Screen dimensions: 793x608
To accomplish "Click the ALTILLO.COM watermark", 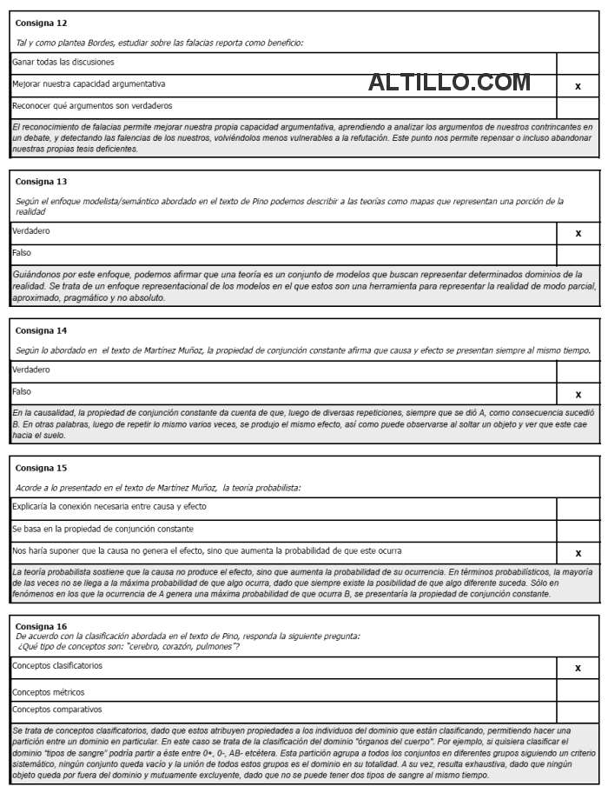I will [x=449, y=83].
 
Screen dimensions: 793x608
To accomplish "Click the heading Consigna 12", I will [x=41, y=23].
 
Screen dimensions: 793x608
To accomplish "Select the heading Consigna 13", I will [x=41, y=182].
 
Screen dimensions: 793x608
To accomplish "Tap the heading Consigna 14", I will [x=41, y=330].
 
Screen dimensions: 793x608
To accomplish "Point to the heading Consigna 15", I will [x=41, y=468].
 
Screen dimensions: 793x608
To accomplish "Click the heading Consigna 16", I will [x=41, y=626].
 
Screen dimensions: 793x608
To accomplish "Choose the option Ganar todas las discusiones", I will [x=63, y=63].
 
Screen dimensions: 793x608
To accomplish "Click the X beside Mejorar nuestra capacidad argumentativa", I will [x=578, y=86].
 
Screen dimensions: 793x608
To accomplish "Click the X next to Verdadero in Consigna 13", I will [x=578, y=233].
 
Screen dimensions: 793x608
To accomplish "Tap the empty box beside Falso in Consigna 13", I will [x=578, y=254].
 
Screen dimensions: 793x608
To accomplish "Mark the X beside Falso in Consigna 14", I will [x=578, y=394].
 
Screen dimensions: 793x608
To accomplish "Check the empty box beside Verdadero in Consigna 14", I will [x=578, y=371].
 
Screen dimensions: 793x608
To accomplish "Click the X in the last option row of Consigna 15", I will [x=578, y=553].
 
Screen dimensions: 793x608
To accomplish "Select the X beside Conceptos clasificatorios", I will [x=578, y=668].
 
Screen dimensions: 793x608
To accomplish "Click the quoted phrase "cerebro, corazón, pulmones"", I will [x=182, y=646].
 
